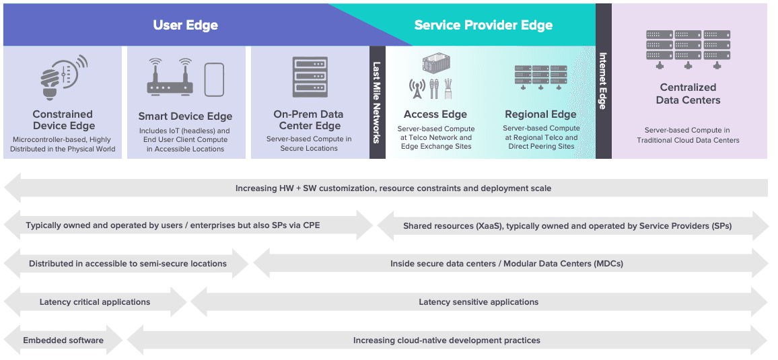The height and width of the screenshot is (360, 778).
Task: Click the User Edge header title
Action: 186,26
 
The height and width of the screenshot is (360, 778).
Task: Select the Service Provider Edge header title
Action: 483,26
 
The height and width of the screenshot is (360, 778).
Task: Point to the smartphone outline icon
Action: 214,79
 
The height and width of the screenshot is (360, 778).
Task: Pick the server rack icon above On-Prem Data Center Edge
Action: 310,76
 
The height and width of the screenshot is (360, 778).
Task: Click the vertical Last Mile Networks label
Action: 377,102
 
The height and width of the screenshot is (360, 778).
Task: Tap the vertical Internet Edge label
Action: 603,81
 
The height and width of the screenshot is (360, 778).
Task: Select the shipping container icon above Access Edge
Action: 435,64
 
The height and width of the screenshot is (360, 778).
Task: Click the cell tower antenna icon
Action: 417,88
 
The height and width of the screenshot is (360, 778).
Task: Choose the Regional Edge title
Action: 540,114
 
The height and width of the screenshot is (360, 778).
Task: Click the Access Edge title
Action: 435,114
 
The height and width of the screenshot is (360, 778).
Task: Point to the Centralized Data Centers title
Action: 688,94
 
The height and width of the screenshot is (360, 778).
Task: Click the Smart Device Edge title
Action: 185,116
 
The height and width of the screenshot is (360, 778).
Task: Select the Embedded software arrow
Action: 63,340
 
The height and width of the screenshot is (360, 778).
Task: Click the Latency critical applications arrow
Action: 95,302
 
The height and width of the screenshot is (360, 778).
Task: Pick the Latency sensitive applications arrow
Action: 479,302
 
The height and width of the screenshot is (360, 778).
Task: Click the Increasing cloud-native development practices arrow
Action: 447,340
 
